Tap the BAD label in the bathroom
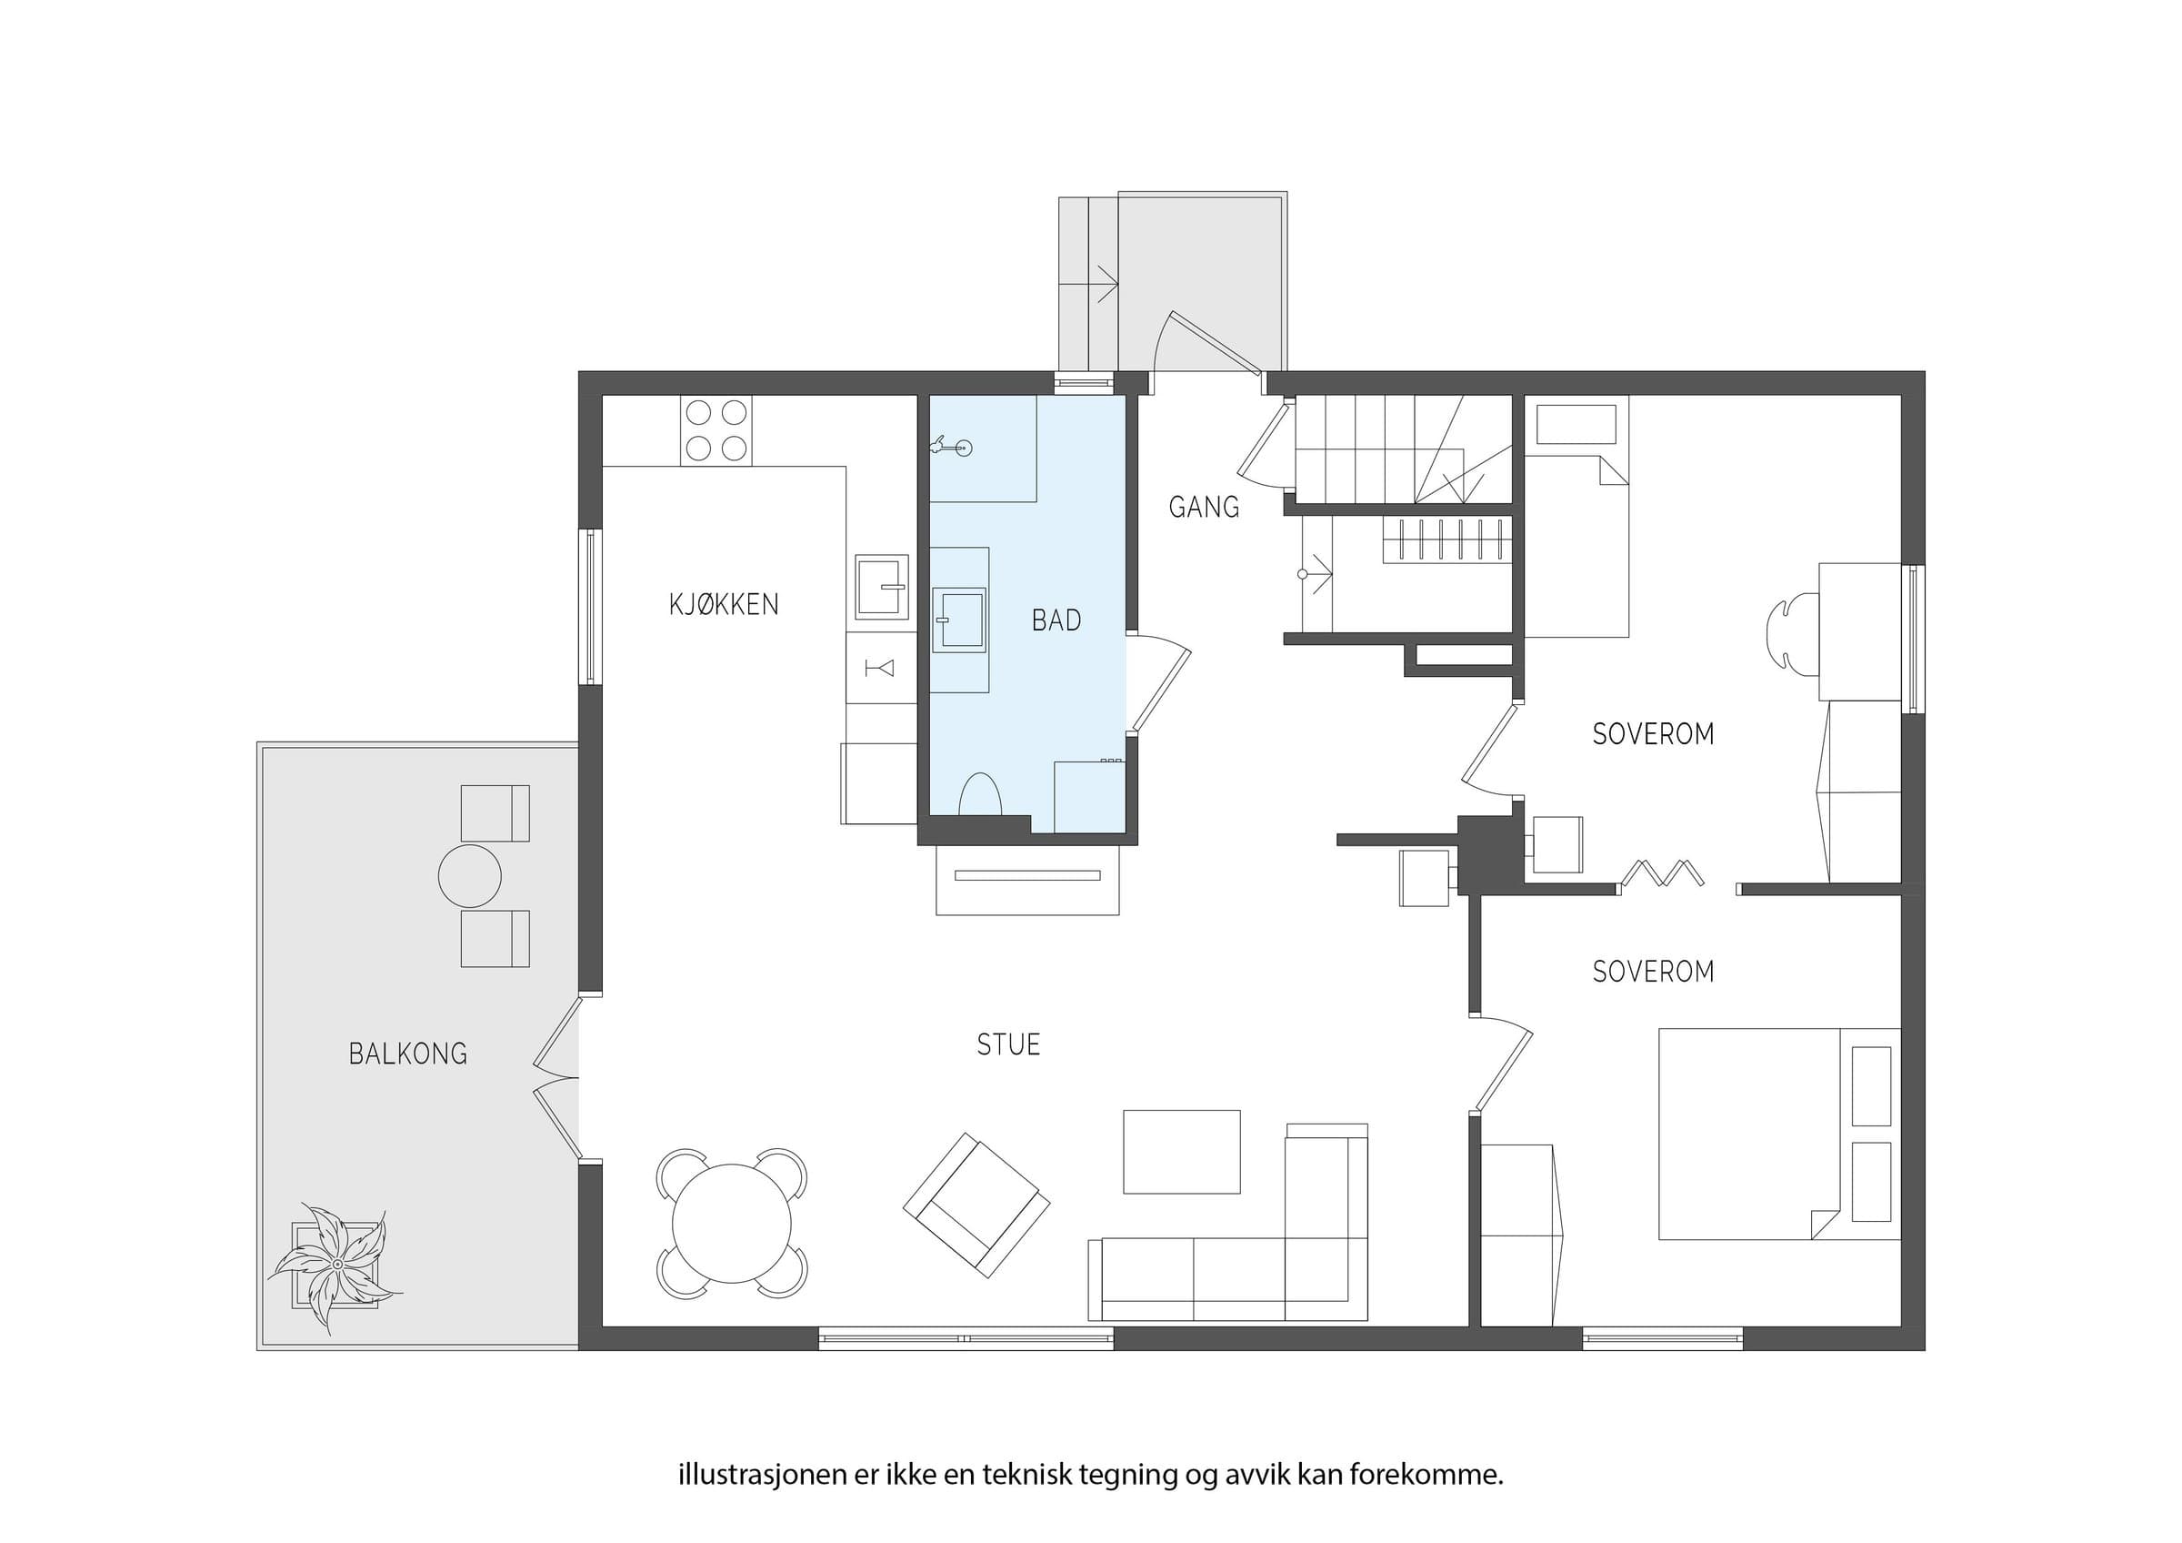[1056, 620]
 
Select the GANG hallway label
[1203, 508]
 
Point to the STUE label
[1008, 1044]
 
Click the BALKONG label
[407, 1054]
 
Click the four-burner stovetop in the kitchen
[716, 430]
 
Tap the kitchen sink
[881, 587]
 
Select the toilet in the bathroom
[980, 796]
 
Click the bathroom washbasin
[959, 620]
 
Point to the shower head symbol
[951, 445]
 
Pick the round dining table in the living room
[732, 1224]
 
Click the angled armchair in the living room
[976, 1205]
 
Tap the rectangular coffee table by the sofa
[1181, 1151]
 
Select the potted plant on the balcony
[336, 1265]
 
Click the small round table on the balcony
[469, 875]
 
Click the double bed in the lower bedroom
[1779, 1134]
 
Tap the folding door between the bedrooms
[1662, 872]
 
